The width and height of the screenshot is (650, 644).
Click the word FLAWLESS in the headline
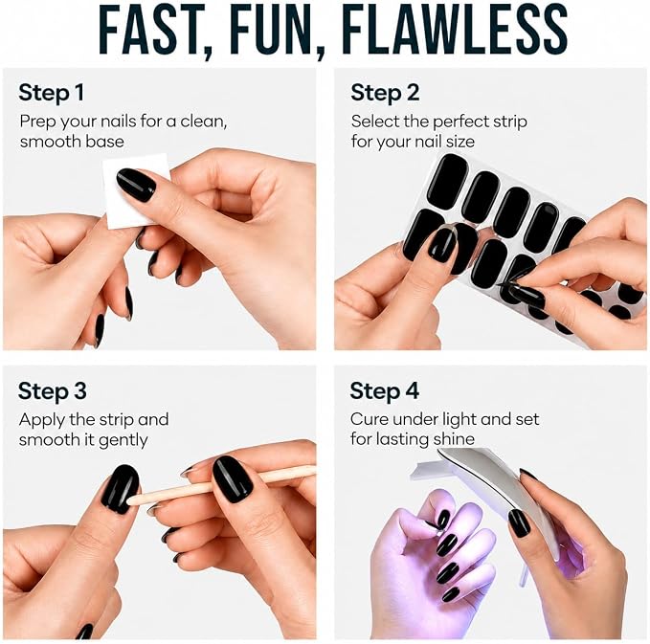[x=455, y=30]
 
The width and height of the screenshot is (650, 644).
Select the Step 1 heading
[x=51, y=93]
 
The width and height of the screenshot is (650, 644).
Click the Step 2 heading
[x=385, y=93]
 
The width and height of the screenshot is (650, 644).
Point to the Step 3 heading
[x=53, y=391]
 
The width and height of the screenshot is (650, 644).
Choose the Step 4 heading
[x=384, y=391]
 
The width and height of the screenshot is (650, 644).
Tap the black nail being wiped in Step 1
[x=136, y=185]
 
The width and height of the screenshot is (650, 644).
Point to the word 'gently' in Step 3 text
[x=123, y=441]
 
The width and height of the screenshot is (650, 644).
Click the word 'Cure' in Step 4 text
[x=369, y=419]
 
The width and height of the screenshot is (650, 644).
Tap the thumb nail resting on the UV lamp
[x=519, y=523]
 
